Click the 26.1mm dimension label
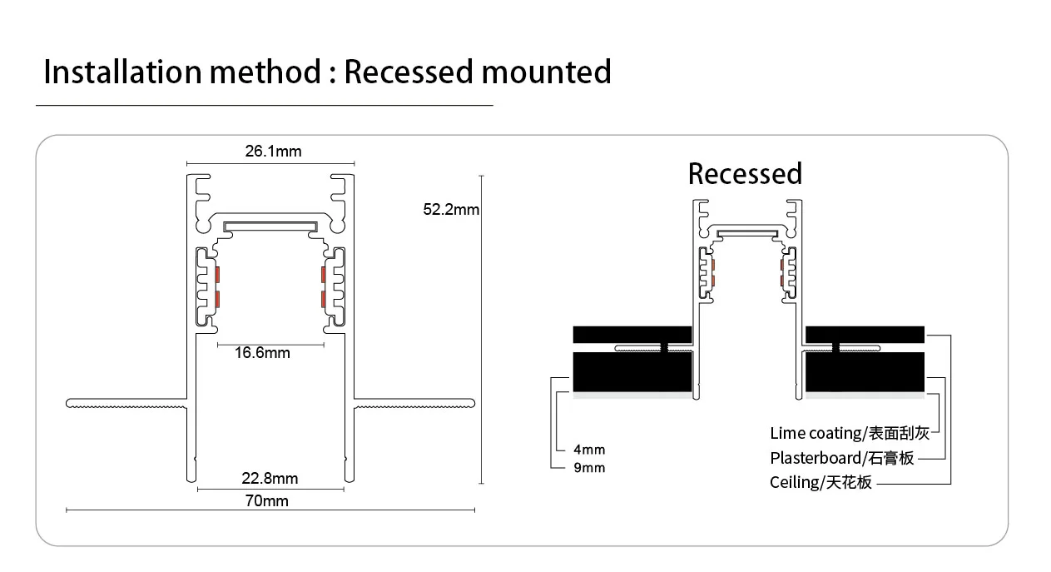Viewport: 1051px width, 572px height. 273,152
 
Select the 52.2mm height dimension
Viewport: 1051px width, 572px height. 451,210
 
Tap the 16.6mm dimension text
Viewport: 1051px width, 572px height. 262,353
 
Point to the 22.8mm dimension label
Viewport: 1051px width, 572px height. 270,479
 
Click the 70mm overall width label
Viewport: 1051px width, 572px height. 267,500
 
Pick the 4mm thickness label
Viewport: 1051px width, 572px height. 589,450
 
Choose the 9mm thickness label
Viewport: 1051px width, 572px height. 589,468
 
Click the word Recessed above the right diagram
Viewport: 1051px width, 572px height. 745,174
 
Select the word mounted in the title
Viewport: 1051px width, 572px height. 547,72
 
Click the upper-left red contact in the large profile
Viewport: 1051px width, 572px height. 216,274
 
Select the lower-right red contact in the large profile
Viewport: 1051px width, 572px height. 325,299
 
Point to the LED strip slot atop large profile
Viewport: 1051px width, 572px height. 271,225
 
